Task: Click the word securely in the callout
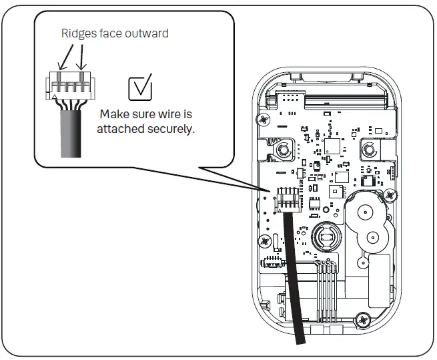point(171,129)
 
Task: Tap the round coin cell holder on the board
point(326,237)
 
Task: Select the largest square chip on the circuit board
point(332,148)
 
